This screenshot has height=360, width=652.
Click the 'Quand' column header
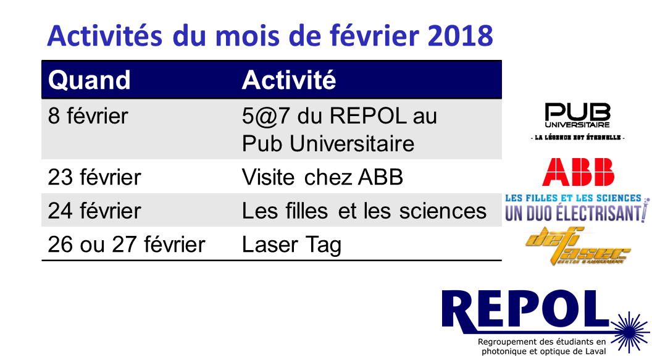89,80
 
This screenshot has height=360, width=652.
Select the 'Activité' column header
288,80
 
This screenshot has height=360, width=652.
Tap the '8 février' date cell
88,115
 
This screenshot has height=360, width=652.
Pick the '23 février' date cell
94,177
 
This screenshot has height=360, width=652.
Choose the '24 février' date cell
94,211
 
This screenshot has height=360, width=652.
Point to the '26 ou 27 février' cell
127,244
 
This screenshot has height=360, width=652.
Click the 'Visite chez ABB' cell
322,177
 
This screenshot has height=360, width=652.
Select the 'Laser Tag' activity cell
291,245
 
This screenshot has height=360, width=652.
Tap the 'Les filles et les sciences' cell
364,211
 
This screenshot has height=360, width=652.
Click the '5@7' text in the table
265,116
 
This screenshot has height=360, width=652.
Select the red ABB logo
578,172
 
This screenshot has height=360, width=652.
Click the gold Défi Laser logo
578,246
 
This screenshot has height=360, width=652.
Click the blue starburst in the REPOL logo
630,332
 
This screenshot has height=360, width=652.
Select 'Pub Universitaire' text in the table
328,144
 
